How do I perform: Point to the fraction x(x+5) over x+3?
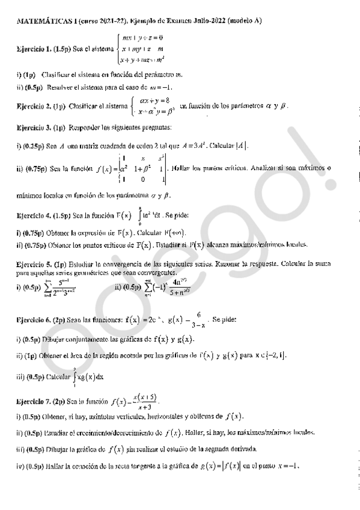[146, 401]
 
